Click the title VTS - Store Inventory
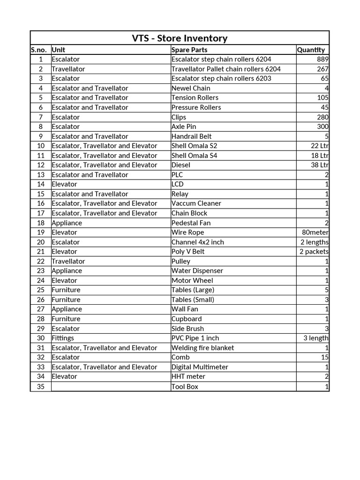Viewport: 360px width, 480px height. coord(180,38)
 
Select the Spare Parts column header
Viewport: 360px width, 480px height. coord(189,50)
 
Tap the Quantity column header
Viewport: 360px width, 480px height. coord(311,50)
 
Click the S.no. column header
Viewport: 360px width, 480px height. coord(40,50)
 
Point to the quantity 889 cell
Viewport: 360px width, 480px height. coord(322,60)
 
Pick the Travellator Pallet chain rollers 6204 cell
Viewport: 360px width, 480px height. coord(226,69)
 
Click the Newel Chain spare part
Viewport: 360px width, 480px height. coord(191,88)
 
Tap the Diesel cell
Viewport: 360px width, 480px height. coord(181,165)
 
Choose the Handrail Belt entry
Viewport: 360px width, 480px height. coord(191,136)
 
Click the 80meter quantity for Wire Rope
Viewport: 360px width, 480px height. coord(315,232)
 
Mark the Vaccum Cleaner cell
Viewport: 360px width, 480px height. coord(196,203)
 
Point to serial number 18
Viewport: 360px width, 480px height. coord(41,223)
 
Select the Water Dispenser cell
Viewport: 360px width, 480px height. coord(197,271)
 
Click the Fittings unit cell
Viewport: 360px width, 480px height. coord(63,338)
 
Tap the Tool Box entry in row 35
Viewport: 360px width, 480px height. coord(185,386)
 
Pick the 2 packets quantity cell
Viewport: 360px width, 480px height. coord(314,252)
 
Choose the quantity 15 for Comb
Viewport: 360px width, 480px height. coord(325,357)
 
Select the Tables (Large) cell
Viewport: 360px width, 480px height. coord(193,290)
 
